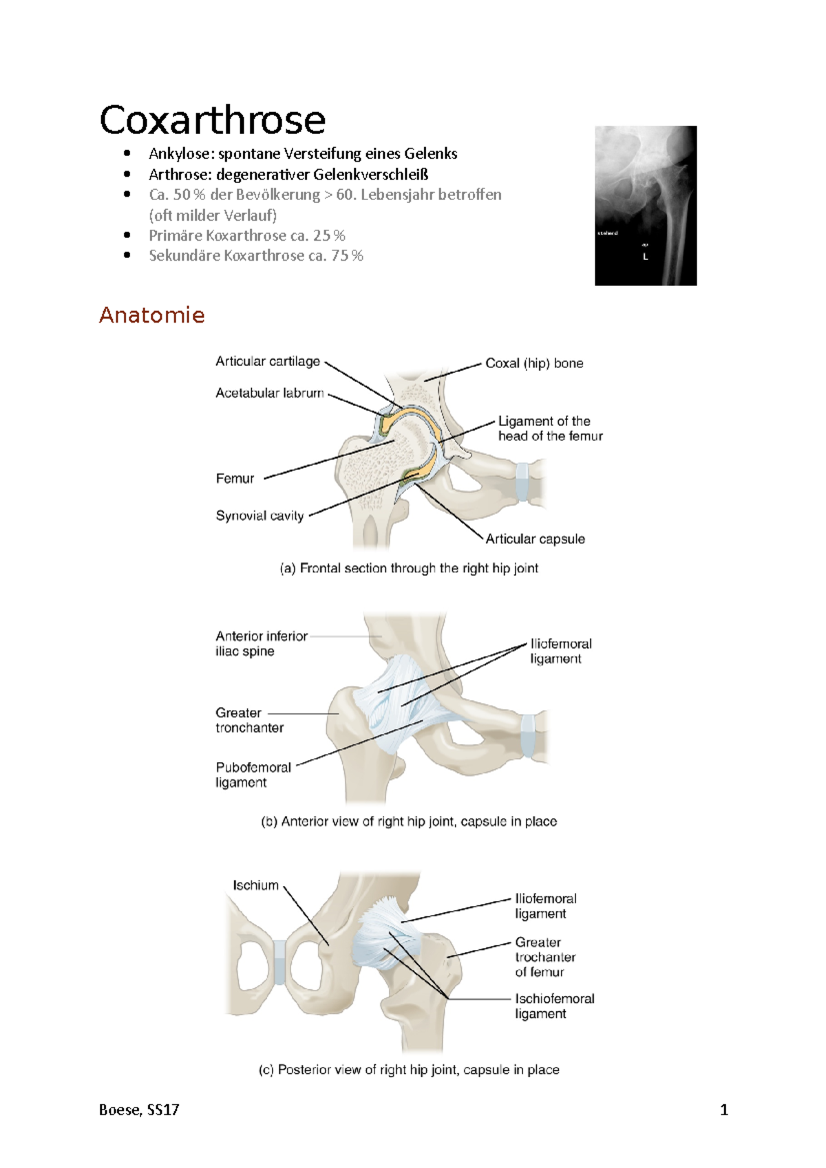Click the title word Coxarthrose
212,120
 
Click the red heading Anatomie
152,315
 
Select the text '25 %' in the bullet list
329,235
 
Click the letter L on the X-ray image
645,257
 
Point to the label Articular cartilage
267,362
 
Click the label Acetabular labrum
269,393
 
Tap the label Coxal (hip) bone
534,363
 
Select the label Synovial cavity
260,516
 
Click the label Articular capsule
535,539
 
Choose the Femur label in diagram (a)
235,479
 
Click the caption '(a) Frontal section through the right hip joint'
409,568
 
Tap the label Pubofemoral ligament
253,775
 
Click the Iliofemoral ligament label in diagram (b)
560,651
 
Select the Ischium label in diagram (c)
255,885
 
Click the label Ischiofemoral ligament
554,1006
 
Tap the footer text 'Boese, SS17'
139,1110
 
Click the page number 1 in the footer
723,1110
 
